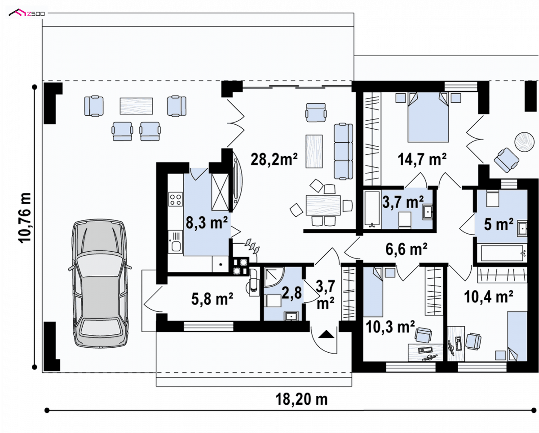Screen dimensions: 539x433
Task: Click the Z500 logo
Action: click(27, 13)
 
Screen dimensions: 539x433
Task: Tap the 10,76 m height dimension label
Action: click(25, 218)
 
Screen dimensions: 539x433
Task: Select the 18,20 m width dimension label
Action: click(301, 399)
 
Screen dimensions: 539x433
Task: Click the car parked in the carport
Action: click(100, 284)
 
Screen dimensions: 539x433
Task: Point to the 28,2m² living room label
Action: click(274, 159)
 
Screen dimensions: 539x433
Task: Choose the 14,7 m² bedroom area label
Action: click(422, 159)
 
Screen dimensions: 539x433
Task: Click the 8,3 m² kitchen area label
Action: click(207, 222)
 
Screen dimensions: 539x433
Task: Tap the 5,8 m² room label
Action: click(212, 298)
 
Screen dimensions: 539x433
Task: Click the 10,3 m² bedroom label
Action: click(390, 327)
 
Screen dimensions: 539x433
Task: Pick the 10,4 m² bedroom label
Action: click(488, 297)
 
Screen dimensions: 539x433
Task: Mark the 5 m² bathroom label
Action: click(499, 224)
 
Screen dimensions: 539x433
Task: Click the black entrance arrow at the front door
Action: click(326, 334)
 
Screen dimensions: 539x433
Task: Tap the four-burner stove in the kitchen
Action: click(175, 199)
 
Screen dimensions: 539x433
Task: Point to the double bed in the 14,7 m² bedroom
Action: click(428, 118)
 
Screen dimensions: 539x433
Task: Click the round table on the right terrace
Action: click(525, 142)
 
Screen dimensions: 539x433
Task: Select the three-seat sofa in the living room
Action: click(343, 151)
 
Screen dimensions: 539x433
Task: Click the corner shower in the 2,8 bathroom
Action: click(274, 277)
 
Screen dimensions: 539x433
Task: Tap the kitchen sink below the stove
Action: click(175, 242)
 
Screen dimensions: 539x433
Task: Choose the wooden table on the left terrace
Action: click(136, 106)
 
